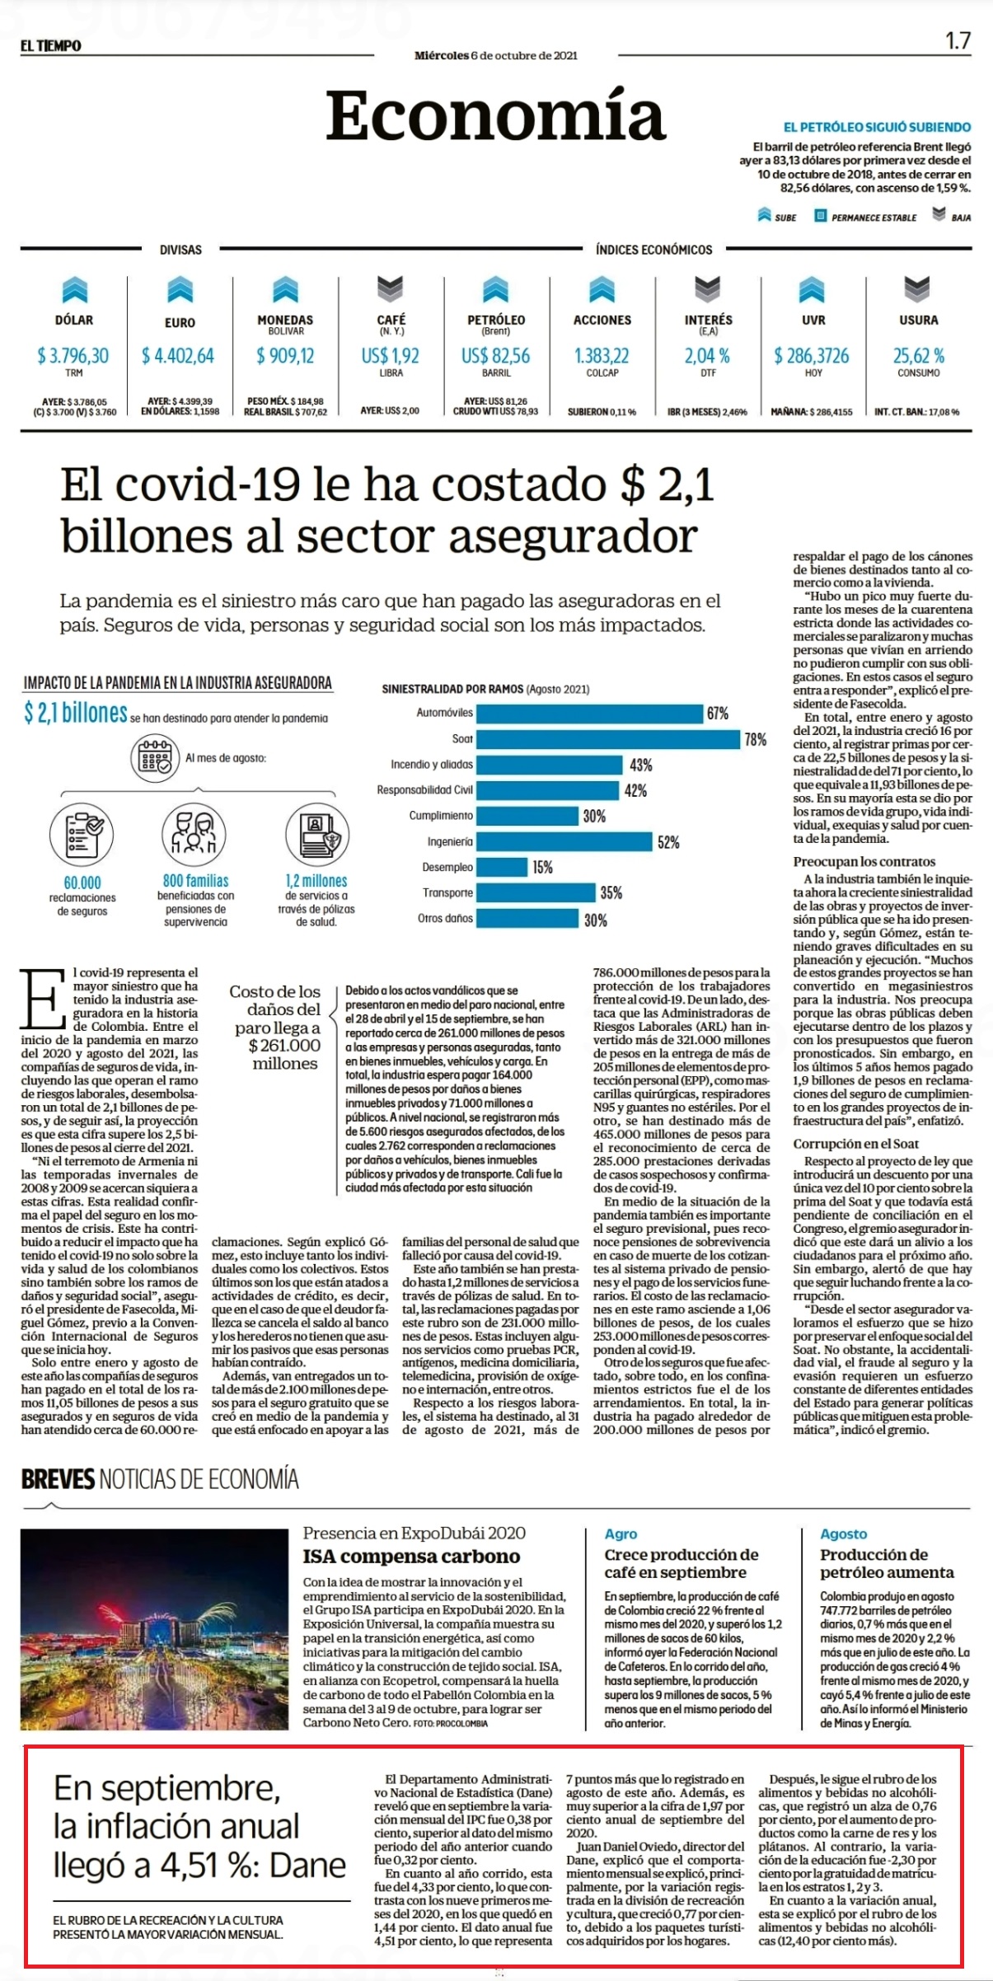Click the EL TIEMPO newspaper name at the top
tap(51, 46)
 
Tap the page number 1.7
tap(958, 40)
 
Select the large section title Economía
tap(495, 115)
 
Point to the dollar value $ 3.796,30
tap(73, 356)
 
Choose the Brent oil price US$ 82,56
tap(496, 356)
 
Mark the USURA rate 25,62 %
tap(919, 356)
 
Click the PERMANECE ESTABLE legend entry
tap(866, 217)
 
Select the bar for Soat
tap(608, 739)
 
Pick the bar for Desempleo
tap(502, 867)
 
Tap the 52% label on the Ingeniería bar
tap(668, 842)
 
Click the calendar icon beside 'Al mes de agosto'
tap(155, 759)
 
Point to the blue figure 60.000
tap(82, 883)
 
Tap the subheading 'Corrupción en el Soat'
tap(856, 1144)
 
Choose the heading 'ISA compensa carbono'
tap(411, 1557)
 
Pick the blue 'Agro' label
tap(621, 1534)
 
